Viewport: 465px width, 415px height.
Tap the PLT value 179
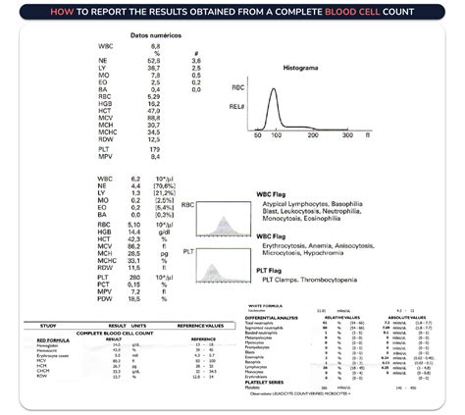coord(155,148)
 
